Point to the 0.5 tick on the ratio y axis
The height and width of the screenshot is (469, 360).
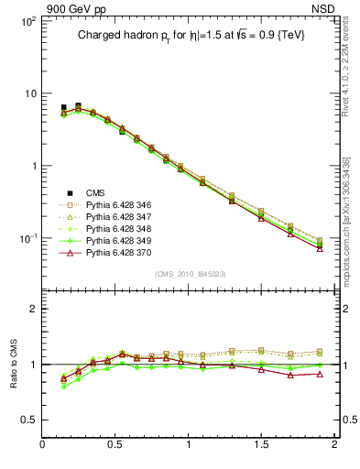click(29, 420)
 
